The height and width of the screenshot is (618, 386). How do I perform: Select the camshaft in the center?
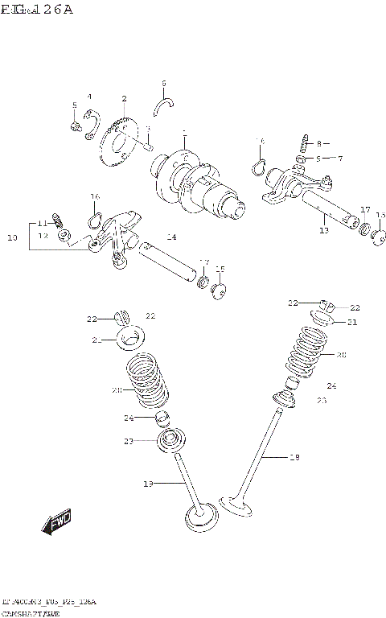point(197,181)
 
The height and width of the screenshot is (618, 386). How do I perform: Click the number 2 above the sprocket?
point(125,99)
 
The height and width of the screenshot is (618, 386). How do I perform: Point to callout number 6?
point(163,83)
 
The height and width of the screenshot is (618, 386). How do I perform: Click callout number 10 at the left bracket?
point(11,237)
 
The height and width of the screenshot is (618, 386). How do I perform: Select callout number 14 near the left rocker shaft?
point(171,237)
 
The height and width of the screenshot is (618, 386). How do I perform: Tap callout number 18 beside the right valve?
point(294,457)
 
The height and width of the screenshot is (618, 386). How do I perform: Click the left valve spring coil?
point(149,385)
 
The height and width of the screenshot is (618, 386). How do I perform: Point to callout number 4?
point(89,97)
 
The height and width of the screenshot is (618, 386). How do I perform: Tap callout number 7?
point(339,159)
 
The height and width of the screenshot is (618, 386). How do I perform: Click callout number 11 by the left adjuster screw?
point(42,223)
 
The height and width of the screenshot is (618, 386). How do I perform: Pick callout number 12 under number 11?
point(43,235)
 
